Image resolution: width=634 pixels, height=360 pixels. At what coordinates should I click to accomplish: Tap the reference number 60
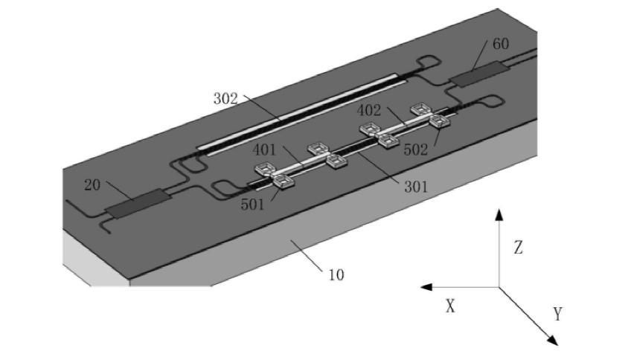501,44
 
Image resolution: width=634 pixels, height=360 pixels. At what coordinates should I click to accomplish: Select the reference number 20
92,185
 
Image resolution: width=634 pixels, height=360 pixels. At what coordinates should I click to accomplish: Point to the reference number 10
336,274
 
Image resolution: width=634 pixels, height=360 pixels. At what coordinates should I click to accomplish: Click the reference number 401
264,149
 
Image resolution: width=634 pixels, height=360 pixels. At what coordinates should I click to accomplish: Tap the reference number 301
415,187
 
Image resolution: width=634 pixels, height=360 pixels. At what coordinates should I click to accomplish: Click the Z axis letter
518,248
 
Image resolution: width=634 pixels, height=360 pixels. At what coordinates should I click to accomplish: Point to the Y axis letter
558,314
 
